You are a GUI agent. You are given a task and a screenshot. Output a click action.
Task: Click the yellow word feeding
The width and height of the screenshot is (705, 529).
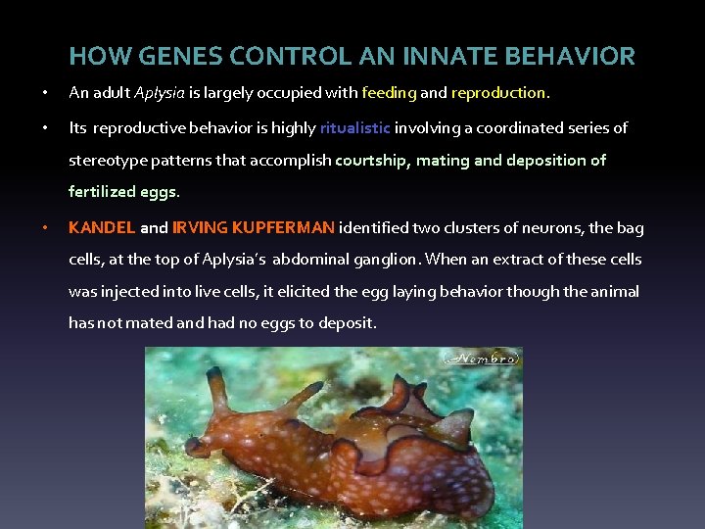tap(389, 94)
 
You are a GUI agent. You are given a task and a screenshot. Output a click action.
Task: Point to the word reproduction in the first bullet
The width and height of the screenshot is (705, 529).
tap(499, 94)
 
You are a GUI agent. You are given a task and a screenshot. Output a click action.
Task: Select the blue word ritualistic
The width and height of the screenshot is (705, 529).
tap(355, 128)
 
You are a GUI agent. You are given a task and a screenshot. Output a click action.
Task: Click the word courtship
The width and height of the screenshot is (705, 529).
tap(372, 161)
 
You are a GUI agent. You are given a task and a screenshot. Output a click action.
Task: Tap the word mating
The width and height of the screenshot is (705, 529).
tap(443, 161)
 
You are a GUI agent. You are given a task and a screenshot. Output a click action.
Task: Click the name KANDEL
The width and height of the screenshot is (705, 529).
tap(102, 228)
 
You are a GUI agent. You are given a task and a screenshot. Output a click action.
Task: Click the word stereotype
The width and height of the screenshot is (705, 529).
tap(112, 161)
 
